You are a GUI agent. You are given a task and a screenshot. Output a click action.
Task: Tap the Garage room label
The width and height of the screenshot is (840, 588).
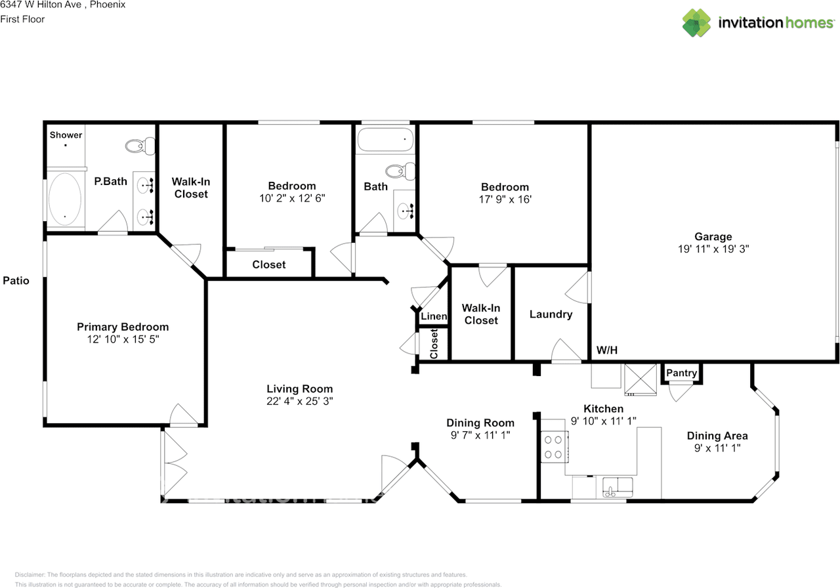tap(713, 237)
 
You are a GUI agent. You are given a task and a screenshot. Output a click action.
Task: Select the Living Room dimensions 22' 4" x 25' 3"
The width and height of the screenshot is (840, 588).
tap(299, 401)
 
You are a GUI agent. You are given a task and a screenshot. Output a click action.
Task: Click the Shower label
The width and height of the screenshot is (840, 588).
tap(66, 135)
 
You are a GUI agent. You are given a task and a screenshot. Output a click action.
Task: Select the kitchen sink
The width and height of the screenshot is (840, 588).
tap(618, 488)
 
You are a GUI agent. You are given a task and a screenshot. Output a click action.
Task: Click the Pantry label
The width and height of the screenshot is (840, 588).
tap(681, 373)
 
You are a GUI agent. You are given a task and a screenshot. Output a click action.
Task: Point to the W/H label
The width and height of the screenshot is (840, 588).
tap(606, 350)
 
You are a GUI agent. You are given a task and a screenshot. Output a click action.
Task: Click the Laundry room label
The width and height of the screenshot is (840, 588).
tap(551, 314)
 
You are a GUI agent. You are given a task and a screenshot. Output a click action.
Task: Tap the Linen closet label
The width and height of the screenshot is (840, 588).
tap(434, 316)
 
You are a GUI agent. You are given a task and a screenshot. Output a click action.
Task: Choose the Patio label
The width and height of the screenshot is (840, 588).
tap(16, 281)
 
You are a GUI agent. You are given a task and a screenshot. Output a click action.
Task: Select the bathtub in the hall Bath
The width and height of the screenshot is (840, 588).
tap(385, 139)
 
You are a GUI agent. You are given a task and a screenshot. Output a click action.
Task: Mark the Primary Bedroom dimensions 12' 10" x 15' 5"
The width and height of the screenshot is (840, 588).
tap(123, 339)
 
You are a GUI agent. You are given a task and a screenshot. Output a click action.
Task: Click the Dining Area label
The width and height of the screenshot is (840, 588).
tap(717, 436)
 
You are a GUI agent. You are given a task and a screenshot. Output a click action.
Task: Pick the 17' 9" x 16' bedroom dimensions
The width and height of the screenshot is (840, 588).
tap(504, 199)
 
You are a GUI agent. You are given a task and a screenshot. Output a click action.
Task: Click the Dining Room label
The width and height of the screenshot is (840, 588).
tap(480, 423)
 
